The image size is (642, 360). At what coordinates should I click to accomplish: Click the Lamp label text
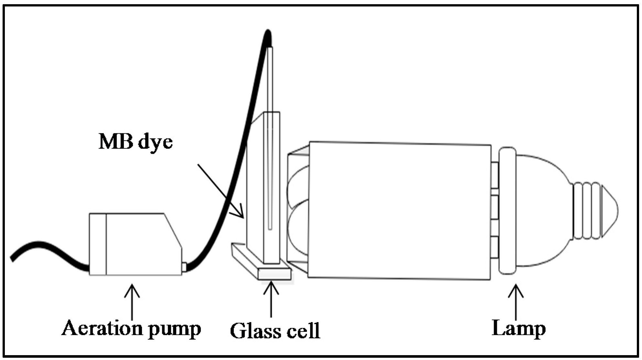click(x=519, y=329)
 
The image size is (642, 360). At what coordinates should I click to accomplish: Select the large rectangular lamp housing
click(x=399, y=210)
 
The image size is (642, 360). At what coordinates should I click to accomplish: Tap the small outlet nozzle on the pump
click(x=184, y=267)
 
